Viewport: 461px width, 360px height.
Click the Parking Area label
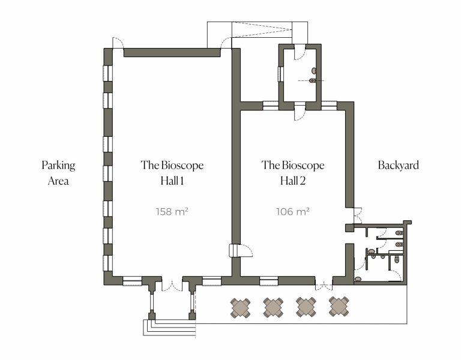point(58,173)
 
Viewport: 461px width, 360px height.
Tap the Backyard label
point(398,165)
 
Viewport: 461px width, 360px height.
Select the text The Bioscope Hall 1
point(172,173)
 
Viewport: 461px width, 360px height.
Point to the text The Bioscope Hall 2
point(293,173)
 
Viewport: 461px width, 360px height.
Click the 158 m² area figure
point(172,211)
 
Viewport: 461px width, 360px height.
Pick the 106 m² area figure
point(292,211)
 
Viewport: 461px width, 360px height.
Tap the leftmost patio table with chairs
point(241,307)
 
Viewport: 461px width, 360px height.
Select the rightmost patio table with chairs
point(339,307)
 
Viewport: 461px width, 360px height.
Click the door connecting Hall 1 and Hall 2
point(238,251)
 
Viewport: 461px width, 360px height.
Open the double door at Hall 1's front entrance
point(172,285)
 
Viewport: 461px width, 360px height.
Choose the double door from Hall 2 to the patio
point(324,284)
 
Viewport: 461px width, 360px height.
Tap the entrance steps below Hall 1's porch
point(168,326)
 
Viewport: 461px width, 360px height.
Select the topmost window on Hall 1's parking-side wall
point(107,73)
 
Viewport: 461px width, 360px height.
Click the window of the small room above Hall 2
point(280,74)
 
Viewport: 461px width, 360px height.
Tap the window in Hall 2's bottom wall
point(268,280)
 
